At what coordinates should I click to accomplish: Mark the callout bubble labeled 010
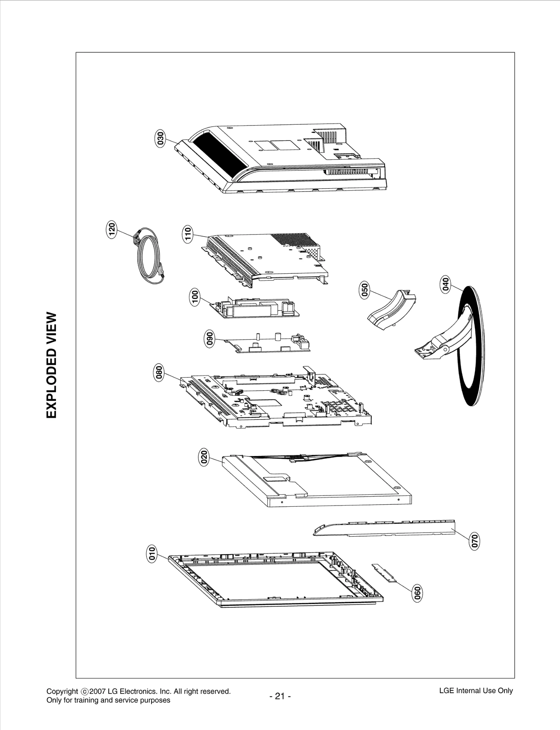pyautogui.click(x=151, y=554)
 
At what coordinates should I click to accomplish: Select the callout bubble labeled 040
pyautogui.click(x=446, y=284)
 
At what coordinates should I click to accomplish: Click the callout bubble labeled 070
pyautogui.click(x=475, y=541)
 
